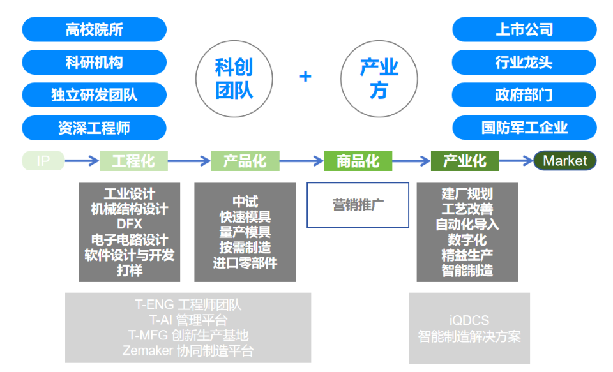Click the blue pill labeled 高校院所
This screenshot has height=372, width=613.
(94, 29)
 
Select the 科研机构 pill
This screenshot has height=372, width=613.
(94, 63)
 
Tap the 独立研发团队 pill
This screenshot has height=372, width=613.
(94, 95)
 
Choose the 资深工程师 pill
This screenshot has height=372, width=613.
(94, 128)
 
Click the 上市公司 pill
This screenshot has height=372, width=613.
(524, 29)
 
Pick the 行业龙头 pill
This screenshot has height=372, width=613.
(524, 63)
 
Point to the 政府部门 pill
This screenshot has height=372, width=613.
(524, 95)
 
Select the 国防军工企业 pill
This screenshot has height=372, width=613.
(524, 128)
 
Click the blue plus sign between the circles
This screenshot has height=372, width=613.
(306, 77)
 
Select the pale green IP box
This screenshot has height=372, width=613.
(43, 161)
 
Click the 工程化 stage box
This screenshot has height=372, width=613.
(133, 161)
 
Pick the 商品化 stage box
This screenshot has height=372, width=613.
(358, 161)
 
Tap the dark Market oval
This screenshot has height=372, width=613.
(565, 161)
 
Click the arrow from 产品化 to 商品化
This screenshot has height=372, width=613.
(301, 161)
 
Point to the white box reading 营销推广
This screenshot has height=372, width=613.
(358, 205)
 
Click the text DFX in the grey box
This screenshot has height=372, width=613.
(130, 224)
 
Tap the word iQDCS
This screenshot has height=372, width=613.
(469, 320)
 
